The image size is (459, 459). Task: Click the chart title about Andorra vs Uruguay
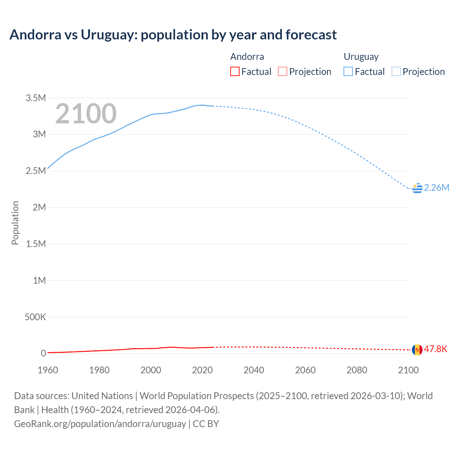pos(173,35)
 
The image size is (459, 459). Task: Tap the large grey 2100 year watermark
pos(86,114)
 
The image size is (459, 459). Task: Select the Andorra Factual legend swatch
pos(235,71)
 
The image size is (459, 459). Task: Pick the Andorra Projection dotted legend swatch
pos(283,71)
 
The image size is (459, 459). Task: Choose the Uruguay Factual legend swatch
pos(348,71)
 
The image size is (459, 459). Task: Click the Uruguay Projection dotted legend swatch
pos(396,71)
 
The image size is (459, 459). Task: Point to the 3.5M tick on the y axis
pos(36,98)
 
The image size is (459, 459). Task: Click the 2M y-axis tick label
pos(39,207)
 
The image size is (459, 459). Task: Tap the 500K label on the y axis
pos(35,317)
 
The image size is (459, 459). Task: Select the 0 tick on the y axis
pos(43,353)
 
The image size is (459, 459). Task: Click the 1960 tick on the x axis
pos(48,370)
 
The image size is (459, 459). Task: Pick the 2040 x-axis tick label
pos(254,370)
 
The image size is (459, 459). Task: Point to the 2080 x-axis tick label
pos(357,370)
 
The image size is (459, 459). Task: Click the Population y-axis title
pos(15,223)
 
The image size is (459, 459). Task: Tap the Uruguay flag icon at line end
pos(417,188)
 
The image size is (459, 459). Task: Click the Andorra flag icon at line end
pos(417,349)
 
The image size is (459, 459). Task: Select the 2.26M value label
pos(436,188)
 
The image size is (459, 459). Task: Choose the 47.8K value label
pos(436,349)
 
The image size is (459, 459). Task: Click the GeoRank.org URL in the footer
pos(100,423)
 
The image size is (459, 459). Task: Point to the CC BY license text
pos(206,423)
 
